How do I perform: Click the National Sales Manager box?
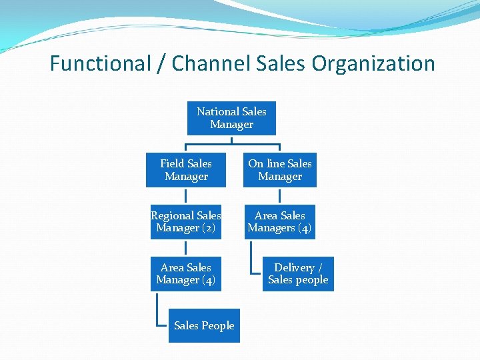coord(231,118)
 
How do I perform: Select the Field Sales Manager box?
coord(186,170)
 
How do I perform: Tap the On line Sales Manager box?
coord(280,170)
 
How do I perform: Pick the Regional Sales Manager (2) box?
coord(186,222)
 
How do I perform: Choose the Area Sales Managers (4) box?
coord(279,222)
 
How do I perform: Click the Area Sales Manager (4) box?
coord(186,274)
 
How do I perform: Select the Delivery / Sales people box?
coord(298,274)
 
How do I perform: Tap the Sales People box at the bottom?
coord(204,326)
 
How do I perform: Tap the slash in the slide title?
coord(162,64)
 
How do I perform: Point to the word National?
coord(217,111)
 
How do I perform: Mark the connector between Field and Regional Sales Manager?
coord(186,196)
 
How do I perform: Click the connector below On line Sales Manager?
coord(280,196)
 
